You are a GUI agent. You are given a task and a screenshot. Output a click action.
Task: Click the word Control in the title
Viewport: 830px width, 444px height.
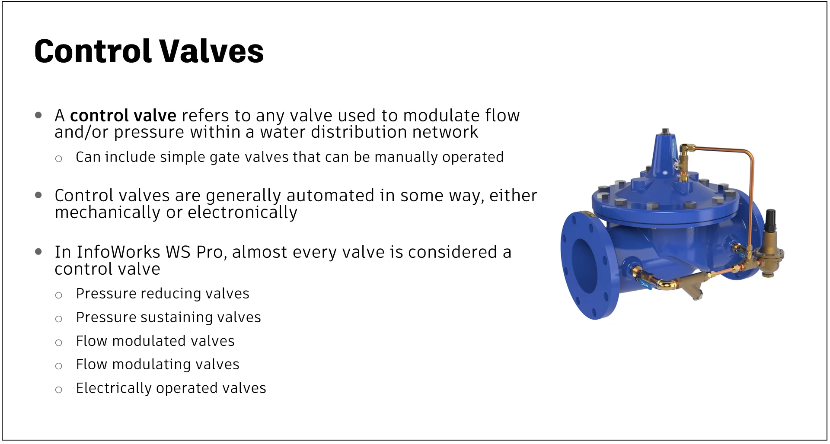[93, 51]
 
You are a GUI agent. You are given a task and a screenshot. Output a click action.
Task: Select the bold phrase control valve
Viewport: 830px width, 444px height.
[123, 116]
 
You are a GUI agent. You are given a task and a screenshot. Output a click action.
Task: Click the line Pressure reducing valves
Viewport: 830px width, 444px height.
[163, 294]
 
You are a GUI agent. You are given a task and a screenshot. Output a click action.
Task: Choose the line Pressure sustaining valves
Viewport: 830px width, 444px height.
[169, 317]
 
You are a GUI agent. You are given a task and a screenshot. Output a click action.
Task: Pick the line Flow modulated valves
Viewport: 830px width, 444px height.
[155, 341]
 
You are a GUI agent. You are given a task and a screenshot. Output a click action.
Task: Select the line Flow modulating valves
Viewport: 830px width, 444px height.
[158, 365]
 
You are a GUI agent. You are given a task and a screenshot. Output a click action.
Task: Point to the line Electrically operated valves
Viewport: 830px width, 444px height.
[171, 388]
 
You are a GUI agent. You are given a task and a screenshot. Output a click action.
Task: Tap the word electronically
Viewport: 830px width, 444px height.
[243, 212]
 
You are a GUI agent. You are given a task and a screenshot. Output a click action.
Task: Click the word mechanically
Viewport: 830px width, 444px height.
[108, 212]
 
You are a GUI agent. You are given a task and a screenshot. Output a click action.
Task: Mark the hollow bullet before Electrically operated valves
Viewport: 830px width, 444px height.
[59, 390]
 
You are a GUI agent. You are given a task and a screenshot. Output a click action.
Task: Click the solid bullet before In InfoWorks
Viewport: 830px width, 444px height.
[38, 251]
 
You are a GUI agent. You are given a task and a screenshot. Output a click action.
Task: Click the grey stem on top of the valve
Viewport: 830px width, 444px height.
[666, 131]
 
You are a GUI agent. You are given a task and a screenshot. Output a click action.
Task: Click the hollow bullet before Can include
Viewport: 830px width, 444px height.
[59, 159]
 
